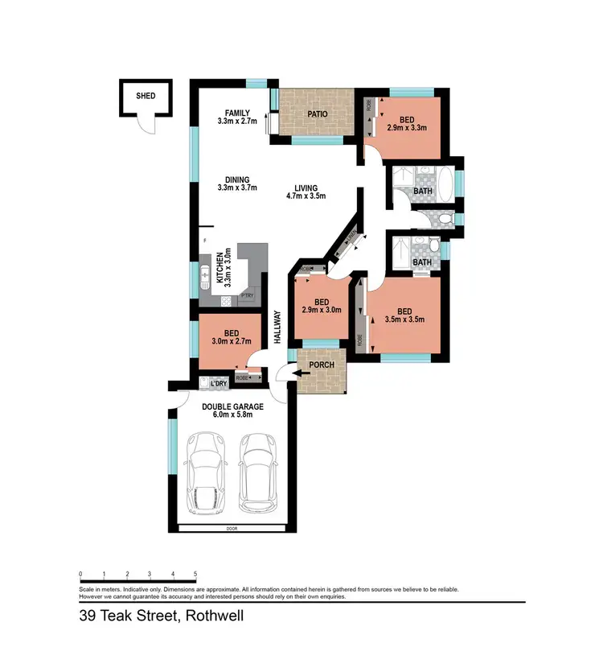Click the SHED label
tap(146, 96)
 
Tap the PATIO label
tap(317, 114)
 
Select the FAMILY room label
tap(237, 113)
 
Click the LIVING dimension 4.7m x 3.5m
tap(306, 196)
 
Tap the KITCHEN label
tap(218, 269)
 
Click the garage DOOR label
tap(232, 529)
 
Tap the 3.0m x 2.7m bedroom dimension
tap(231, 341)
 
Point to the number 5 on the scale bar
tap(195, 575)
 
